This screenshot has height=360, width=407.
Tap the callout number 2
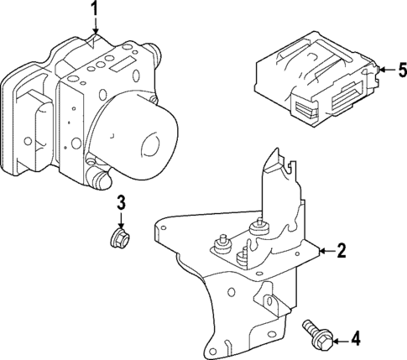(x=341, y=249)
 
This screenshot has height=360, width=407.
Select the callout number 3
(x=121, y=201)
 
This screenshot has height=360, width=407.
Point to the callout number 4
(x=355, y=339)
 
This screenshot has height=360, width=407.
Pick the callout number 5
(x=400, y=70)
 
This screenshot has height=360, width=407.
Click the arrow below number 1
(x=95, y=30)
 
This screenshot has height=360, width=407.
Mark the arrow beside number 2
(x=323, y=249)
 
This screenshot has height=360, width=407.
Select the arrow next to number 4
(x=337, y=339)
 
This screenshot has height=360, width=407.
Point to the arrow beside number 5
(x=384, y=70)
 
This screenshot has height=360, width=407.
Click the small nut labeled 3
(x=121, y=238)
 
